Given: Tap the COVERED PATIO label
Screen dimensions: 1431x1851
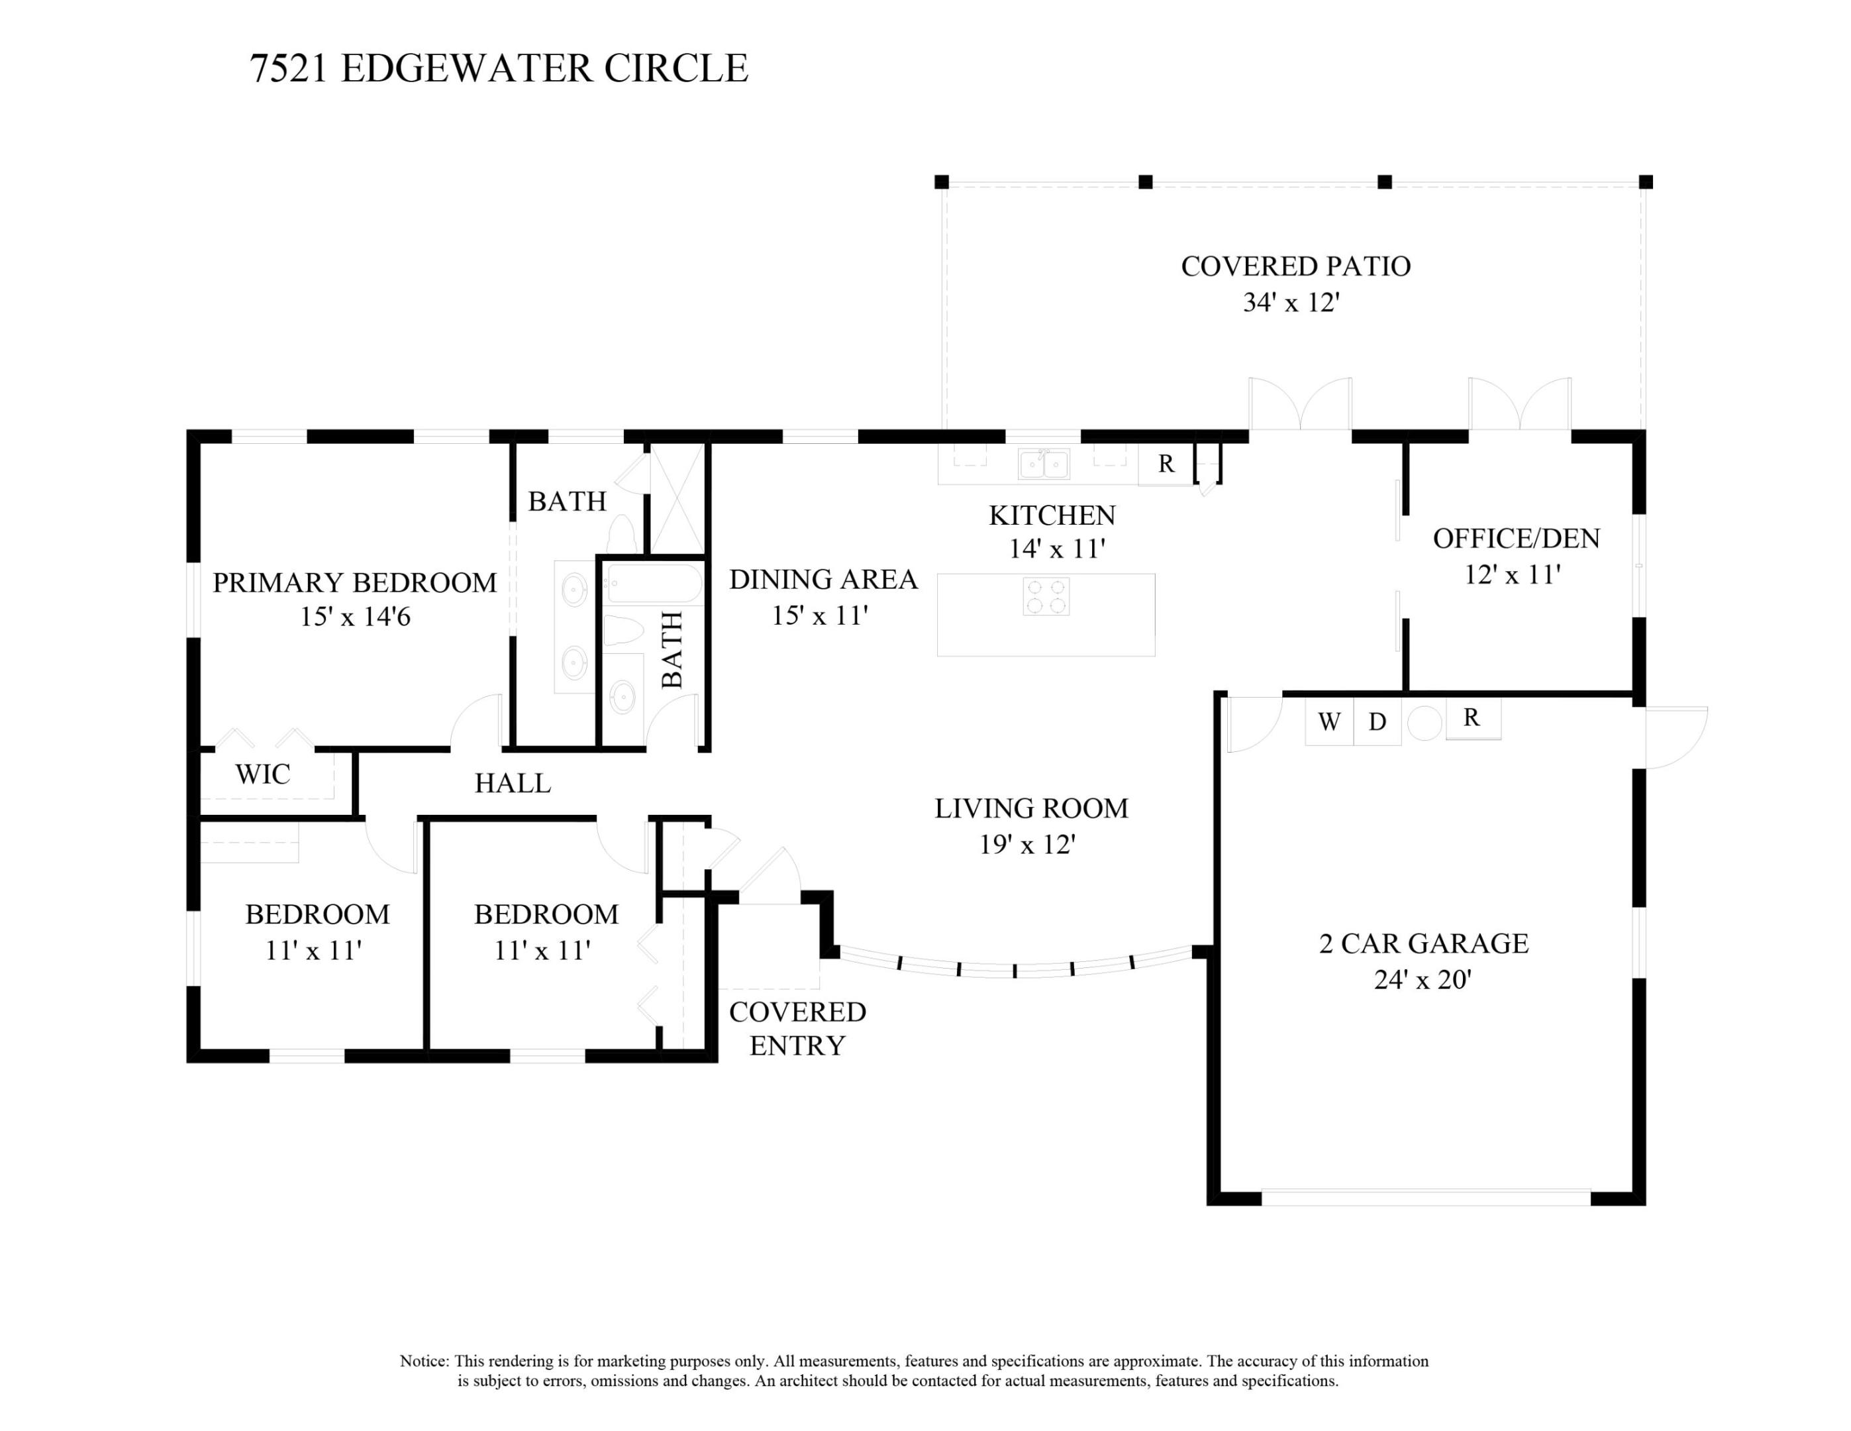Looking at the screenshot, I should pos(1295,266).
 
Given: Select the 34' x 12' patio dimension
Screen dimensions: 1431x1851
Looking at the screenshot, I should pos(1290,303).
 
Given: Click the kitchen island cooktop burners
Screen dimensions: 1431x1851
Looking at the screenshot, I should pos(1046,596).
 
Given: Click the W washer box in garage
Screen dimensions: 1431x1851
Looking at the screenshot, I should pos(1329,721).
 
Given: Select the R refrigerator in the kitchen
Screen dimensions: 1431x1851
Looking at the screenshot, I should pos(1166,464).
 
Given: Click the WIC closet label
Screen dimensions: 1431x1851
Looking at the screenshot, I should pos(263,774).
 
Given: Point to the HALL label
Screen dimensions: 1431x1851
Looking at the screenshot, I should pos(513,783).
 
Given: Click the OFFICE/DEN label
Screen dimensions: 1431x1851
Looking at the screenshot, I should pos(1516,539).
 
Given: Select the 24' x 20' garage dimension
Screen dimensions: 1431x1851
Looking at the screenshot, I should pos(1422,980).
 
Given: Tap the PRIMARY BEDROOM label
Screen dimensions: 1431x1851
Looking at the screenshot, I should pos(354,582).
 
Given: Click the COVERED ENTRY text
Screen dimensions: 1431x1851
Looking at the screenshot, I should pos(797,1028).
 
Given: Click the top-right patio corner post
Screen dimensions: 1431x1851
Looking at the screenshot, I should pos(1645,182).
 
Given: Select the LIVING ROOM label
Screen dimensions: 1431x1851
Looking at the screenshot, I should pos(1030,808).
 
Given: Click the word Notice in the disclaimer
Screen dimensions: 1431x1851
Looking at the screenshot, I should pos(424,1361).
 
